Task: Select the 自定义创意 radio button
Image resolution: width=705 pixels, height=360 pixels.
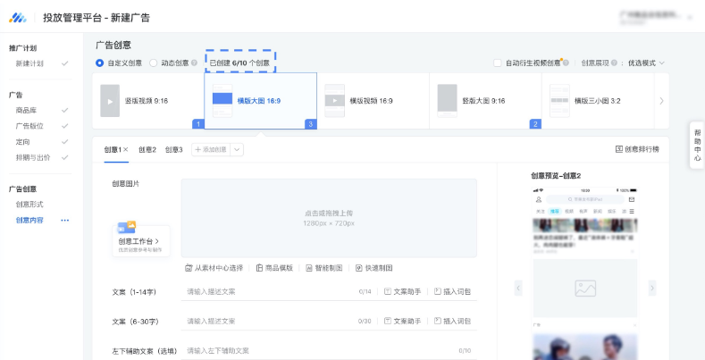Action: [x=100, y=63]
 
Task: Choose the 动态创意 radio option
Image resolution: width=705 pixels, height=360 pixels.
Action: [x=154, y=63]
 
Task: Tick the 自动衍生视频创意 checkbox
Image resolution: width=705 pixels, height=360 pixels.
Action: [x=499, y=63]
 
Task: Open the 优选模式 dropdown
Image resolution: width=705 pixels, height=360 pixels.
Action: [x=646, y=63]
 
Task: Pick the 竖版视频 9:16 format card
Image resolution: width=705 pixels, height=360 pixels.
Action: [x=147, y=101]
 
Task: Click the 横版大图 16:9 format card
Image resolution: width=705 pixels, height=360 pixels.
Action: [x=260, y=101]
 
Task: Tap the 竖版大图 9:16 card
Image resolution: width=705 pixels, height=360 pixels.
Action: [x=483, y=101]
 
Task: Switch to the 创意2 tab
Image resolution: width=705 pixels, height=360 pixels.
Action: [x=147, y=149]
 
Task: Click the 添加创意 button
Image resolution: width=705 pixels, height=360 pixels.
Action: [x=210, y=149]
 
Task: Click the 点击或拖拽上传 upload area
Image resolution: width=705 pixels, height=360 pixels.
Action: [x=329, y=218]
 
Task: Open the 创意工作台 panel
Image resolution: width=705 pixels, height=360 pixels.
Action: [x=140, y=240]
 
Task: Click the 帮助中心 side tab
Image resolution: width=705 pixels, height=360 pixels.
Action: [x=697, y=145]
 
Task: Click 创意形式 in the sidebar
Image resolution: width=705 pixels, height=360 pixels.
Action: [x=29, y=205]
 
